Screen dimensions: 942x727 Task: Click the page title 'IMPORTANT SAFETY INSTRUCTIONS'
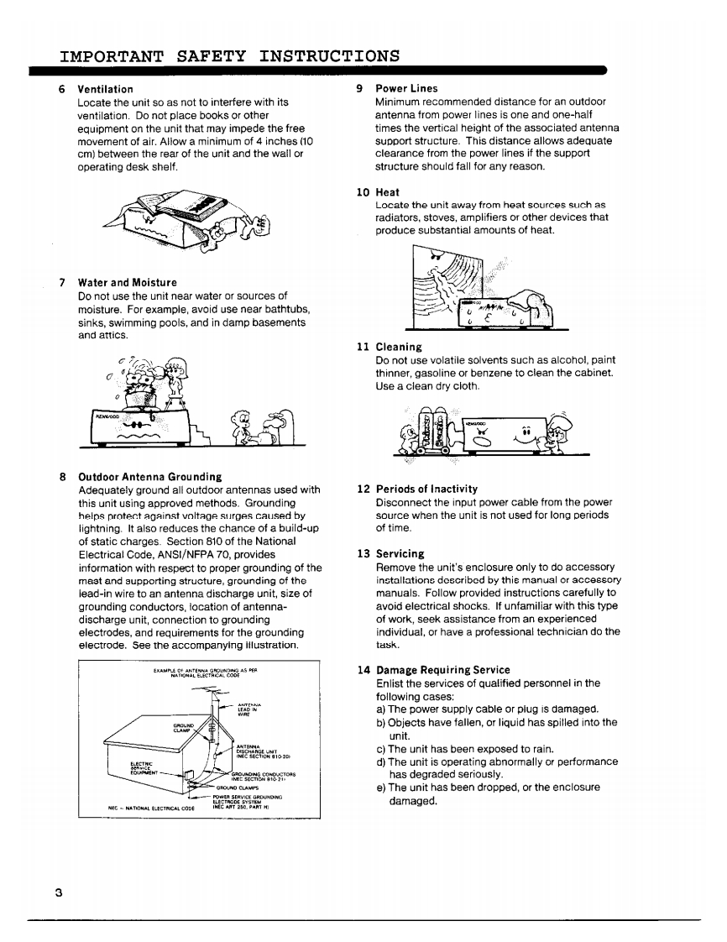[229, 57]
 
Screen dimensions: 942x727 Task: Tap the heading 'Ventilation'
[105, 89]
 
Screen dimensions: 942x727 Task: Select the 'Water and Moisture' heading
[127, 283]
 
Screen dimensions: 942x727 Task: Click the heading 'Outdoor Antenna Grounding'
[149, 477]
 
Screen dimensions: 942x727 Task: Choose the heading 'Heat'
[387, 192]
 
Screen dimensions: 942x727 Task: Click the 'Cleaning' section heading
[399, 347]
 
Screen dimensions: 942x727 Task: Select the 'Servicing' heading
[400, 554]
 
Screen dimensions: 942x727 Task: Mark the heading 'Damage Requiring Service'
[442, 670]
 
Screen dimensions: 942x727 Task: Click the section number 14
[363, 670]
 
